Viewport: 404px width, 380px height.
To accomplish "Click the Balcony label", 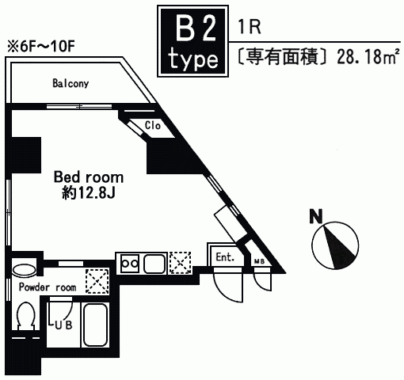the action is (x=71, y=83).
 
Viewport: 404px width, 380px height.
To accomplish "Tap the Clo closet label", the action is (x=153, y=125).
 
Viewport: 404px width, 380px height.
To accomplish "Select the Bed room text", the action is (x=89, y=177).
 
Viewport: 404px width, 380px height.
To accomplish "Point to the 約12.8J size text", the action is (x=89, y=193).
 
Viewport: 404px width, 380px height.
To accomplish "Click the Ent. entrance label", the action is (x=225, y=256).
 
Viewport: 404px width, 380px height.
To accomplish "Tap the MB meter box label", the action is (x=259, y=261).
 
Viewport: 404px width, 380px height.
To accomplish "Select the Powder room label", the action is (x=48, y=287).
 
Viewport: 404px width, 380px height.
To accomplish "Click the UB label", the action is (x=63, y=325).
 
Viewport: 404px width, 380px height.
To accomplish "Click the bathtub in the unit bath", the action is (x=95, y=325).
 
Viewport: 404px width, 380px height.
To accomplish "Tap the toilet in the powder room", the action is (x=25, y=315).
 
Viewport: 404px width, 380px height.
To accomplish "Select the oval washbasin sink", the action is (x=24, y=271).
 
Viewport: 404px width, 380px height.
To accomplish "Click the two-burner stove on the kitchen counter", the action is (x=130, y=263).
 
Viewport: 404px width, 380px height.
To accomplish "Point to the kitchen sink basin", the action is (x=154, y=264).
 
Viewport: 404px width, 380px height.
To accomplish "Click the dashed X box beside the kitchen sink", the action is (x=181, y=263).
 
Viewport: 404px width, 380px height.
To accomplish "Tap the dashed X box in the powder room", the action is (x=97, y=281).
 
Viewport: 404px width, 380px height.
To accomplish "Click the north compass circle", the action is (x=335, y=245).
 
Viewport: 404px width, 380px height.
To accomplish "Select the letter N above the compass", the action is (x=316, y=216).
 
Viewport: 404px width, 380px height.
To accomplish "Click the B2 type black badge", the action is (x=193, y=41).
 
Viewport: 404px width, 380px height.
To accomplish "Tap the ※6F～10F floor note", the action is (x=41, y=47).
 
